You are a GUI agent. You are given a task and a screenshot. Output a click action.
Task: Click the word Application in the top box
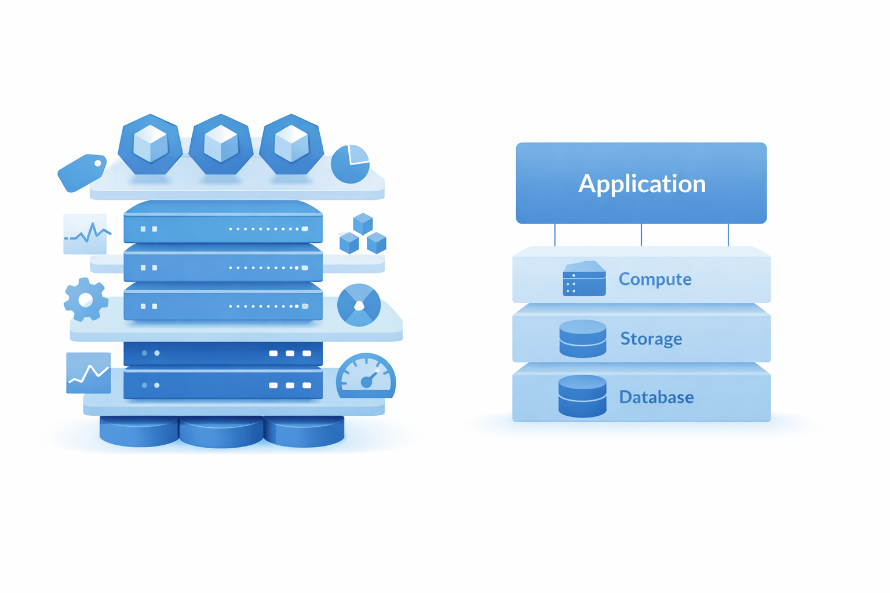pyautogui.click(x=642, y=184)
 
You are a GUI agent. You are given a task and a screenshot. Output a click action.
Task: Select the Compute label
pyautogui.click(x=655, y=279)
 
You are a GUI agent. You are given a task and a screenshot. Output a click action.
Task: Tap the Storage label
pyautogui.click(x=651, y=338)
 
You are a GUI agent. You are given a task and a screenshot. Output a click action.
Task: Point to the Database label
pyautogui.click(x=656, y=397)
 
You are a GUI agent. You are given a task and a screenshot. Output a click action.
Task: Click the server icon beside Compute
pyautogui.click(x=584, y=278)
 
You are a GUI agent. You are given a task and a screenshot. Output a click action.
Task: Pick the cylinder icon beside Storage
pyautogui.click(x=583, y=339)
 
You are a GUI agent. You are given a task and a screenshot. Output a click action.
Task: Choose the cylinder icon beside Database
pyautogui.click(x=582, y=396)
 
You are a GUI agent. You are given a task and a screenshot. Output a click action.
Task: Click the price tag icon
pyautogui.click(x=82, y=173)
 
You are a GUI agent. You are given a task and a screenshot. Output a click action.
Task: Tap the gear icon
pyautogui.click(x=86, y=299)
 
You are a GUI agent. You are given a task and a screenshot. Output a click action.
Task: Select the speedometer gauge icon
pyautogui.click(x=366, y=376)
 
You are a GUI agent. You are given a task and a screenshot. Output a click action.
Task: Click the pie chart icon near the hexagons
pyautogui.click(x=351, y=164)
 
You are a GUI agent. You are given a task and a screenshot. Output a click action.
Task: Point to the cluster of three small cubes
pyautogui.click(x=363, y=233)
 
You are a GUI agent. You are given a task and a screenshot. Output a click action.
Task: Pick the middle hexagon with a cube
pyautogui.click(x=221, y=145)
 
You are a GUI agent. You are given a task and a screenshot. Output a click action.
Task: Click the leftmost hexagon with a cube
pyautogui.click(x=150, y=145)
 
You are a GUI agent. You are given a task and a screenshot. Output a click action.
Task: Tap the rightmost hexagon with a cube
pyautogui.click(x=291, y=145)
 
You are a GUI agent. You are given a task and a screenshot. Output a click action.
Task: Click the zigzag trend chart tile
pyautogui.click(x=89, y=373)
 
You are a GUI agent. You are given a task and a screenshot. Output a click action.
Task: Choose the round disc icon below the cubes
pyautogui.click(x=359, y=305)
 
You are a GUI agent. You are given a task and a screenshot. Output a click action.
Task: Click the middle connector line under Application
pyautogui.click(x=641, y=235)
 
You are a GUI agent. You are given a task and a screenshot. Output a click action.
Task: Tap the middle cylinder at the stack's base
pyautogui.click(x=221, y=432)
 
